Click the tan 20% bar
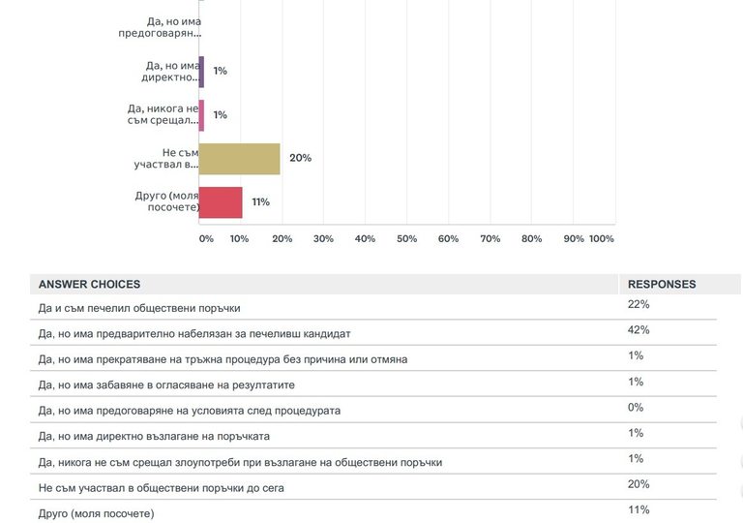239,159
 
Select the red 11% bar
221,202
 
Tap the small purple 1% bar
201,71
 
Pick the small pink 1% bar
201,115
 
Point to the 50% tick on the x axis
406,238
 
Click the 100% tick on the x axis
601,238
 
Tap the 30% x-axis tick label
323,238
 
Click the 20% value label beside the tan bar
300,158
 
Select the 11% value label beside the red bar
260,202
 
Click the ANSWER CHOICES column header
89,285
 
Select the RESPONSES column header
662,285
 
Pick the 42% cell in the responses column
639,330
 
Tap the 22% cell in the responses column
639,305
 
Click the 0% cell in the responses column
636,408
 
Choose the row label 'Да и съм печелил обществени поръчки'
139,309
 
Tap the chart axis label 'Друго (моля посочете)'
167,202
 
